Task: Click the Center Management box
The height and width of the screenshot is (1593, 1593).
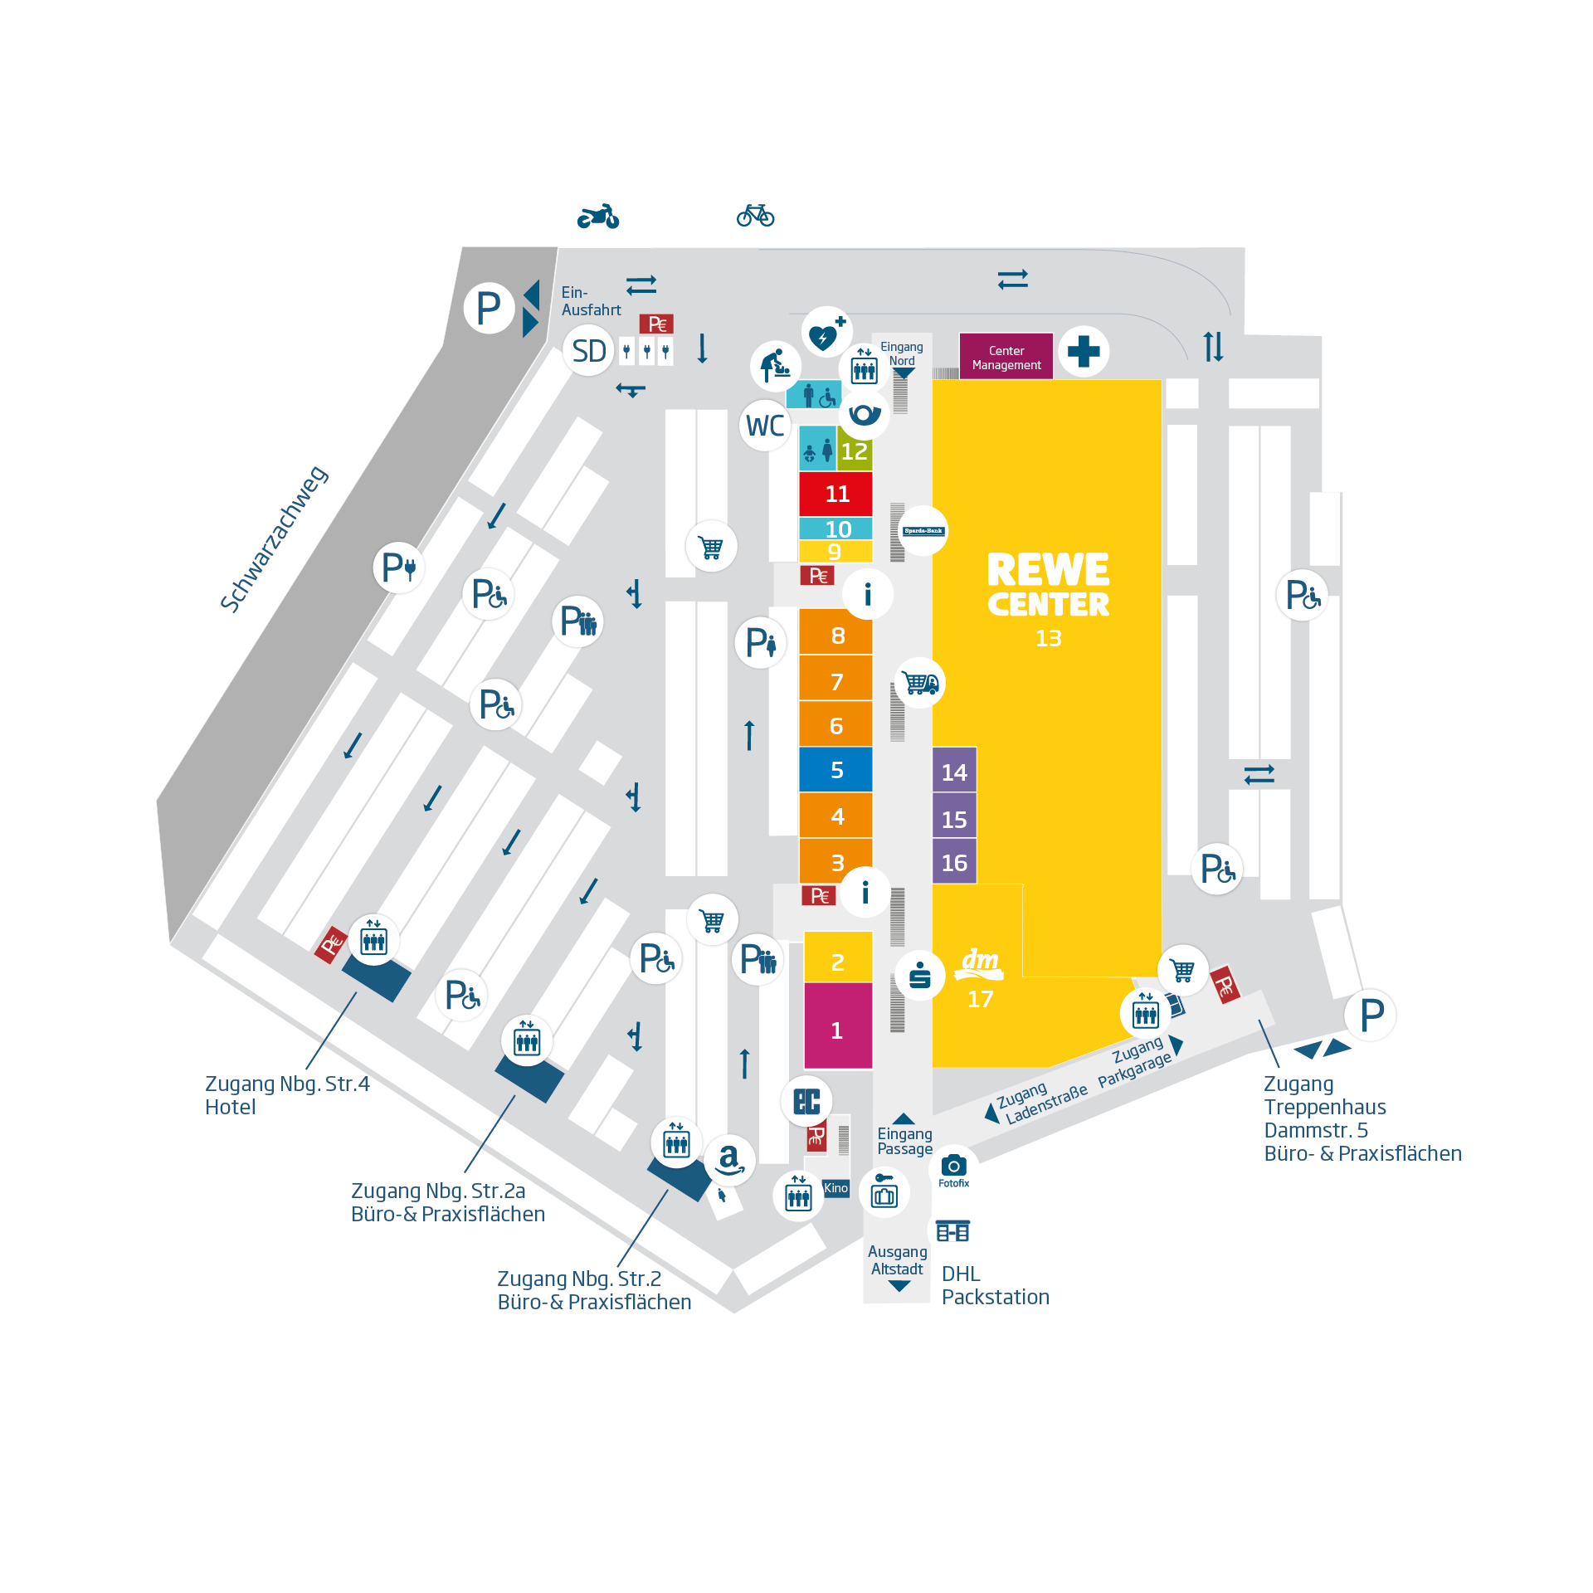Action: click(1006, 357)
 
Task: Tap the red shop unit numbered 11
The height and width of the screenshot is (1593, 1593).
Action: click(835, 494)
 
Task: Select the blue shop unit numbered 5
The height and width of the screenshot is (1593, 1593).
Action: click(835, 770)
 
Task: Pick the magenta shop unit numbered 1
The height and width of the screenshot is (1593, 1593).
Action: click(837, 1030)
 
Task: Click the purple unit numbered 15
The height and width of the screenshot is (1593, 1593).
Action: click(954, 819)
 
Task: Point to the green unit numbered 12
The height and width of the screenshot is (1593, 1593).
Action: click(855, 451)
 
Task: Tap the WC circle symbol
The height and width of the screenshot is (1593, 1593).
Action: click(764, 426)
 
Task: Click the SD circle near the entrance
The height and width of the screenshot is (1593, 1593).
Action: click(588, 351)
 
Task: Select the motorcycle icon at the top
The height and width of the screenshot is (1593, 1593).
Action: click(598, 217)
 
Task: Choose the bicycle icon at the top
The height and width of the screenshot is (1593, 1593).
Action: click(755, 215)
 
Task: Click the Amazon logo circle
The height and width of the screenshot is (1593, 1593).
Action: click(729, 1158)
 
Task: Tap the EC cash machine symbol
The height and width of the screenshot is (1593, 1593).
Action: click(806, 1101)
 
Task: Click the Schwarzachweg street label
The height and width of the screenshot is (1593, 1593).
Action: click(274, 539)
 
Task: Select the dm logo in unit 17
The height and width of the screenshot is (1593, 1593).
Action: click(980, 962)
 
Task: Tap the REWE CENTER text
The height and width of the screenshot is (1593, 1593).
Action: click(1048, 586)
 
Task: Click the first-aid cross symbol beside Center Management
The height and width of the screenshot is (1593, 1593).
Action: click(1084, 351)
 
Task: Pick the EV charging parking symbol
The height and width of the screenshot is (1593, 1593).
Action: click(399, 568)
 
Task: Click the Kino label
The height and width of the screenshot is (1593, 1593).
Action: click(835, 1188)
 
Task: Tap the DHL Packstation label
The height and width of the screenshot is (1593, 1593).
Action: click(995, 1285)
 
